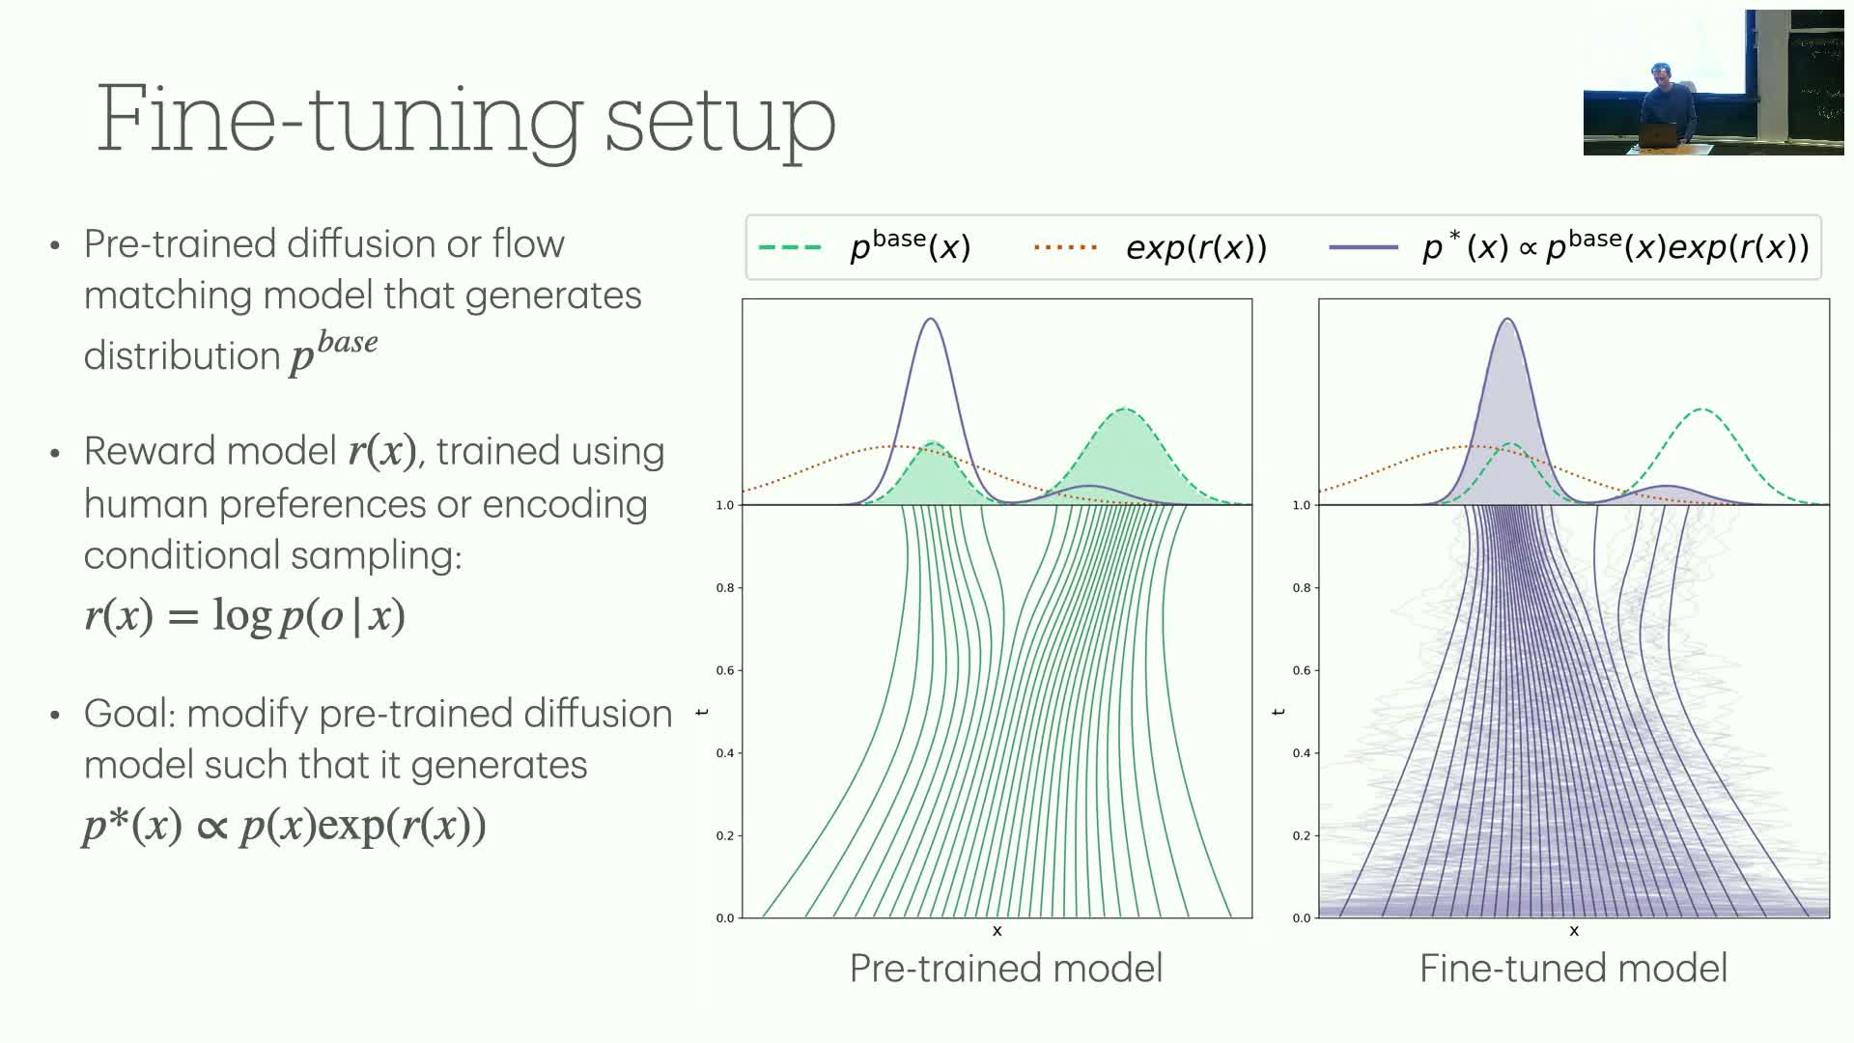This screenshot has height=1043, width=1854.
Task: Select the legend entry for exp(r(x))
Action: click(x=1150, y=248)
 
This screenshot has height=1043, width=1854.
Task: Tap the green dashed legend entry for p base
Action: click(x=864, y=247)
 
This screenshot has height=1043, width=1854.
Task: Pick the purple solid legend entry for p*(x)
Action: click(x=1569, y=247)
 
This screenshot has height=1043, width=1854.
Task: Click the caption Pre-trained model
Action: click(x=1006, y=968)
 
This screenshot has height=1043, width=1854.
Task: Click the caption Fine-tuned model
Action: click(x=1573, y=968)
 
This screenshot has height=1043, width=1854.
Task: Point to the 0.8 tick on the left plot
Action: click(x=724, y=587)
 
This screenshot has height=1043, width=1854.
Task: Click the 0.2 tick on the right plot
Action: click(x=1302, y=835)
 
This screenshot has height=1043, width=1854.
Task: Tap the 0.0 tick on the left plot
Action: click(x=724, y=917)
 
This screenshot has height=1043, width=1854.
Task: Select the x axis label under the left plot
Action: click(x=997, y=931)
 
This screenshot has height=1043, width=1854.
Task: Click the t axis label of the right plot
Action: click(x=1279, y=712)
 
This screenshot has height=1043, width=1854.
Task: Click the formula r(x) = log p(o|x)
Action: click(x=245, y=615)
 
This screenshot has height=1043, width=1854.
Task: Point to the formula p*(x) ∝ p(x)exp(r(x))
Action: click(x=285, y=826)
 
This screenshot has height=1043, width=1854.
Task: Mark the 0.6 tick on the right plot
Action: click(x=1302, y=670)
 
